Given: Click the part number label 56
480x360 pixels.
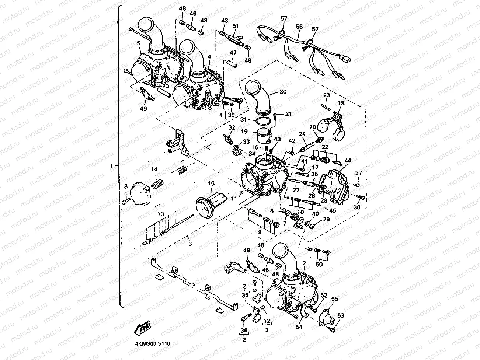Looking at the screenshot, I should click(x=299, y=27).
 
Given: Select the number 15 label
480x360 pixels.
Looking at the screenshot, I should click(x=211, y=183).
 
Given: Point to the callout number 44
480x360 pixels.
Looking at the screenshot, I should click(x=348, y=161).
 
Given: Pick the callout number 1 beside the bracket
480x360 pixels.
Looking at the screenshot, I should click(x=112, y=166).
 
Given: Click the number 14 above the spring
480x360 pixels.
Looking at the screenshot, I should click(x=154, y=169).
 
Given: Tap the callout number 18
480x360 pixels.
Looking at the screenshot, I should click(x=341, y=104).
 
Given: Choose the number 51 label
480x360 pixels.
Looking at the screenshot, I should click(x=236, y=26).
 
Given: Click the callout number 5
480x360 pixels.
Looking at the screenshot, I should click(x=138, y=43).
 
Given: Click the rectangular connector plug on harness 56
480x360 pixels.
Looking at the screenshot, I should click(x=347, y=60).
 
